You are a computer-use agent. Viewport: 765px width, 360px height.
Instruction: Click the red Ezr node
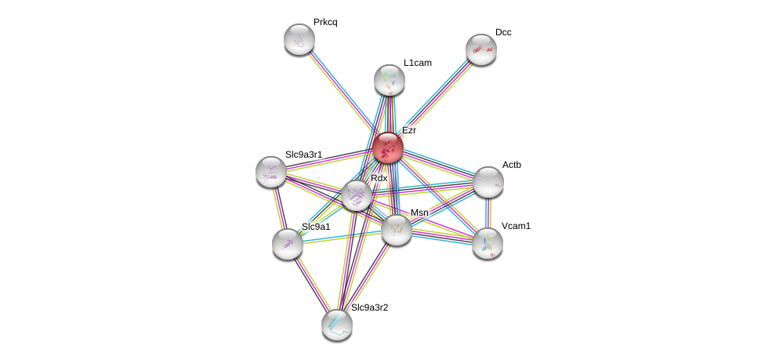pos(387,147)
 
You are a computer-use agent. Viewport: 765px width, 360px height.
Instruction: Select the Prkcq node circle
pos(299,38)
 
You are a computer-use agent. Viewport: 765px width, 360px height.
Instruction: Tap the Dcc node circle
pos(480,49)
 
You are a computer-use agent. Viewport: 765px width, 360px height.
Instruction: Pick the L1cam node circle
pos(389,79)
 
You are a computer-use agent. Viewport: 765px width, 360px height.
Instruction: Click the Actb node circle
pos(488,181)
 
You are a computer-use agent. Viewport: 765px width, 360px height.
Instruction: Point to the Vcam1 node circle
pos(487,242)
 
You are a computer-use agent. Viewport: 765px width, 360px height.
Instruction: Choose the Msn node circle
pos(396,229)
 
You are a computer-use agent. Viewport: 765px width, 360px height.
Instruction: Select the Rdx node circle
pos(356,195)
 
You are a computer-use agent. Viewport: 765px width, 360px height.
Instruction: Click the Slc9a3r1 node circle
pos(271,172)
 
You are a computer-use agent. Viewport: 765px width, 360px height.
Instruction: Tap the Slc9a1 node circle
pos(288,243)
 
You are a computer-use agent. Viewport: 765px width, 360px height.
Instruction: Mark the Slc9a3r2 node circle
pos(336,324)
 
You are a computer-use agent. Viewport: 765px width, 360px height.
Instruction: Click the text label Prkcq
pos(325,22)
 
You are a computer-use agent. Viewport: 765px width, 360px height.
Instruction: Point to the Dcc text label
pos(503,32)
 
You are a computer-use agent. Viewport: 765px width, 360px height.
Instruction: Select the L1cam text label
pos(417,63)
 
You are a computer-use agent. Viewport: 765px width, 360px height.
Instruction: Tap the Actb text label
pos(511,165)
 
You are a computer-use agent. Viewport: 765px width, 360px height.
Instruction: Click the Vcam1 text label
pos(516,226)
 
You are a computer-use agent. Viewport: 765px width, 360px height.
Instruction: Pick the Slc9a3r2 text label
pos(369,307)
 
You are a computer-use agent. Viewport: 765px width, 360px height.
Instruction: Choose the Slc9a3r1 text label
pos(303,155)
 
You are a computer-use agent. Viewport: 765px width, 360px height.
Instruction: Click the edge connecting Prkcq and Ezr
pos(343,93)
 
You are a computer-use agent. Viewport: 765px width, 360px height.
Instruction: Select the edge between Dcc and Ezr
pos(434,98)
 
